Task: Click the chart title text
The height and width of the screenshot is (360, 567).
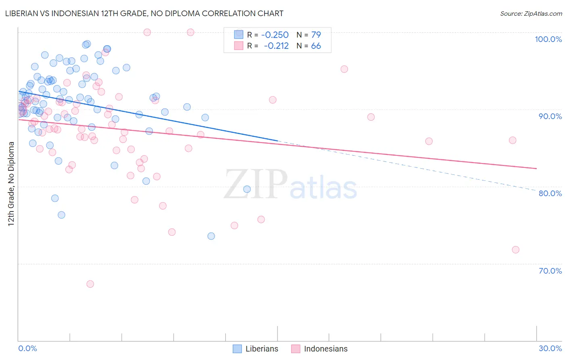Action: tap(145, 13)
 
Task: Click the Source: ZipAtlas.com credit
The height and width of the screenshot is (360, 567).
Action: tap(531, 14)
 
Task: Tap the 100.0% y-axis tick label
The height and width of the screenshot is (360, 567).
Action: tap(548, 39)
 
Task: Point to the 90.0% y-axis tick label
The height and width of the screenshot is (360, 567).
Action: tap(550, 116)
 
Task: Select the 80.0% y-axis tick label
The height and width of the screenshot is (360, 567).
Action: tap(550, 193)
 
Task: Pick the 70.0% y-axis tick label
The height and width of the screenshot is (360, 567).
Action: tap(550, 271)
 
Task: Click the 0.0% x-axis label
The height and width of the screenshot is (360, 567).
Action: tap(27, 348)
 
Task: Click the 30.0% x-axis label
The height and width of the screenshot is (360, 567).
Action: tap(550, 348)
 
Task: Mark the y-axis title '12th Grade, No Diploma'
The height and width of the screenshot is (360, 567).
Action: tap(11, 184)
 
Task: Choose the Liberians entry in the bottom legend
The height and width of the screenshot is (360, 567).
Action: tap(262, 349)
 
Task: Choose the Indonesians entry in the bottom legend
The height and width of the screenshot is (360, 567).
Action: tap(325, 349)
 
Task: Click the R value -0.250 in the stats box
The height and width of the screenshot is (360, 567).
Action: tap(275, 35)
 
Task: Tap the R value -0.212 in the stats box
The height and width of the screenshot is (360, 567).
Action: tap(276, 46)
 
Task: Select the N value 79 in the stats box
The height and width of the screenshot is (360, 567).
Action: tap(316, 35)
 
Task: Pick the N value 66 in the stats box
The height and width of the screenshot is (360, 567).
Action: tap(316, 46)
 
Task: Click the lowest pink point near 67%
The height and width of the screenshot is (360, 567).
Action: tap(90, 284)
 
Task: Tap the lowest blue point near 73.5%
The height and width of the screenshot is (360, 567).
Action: tap(211, 236)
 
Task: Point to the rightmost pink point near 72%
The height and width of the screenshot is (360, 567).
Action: tap(515, 250)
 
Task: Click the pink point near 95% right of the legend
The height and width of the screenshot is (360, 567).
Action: tap(344, 69)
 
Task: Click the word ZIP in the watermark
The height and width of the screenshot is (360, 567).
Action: tap(255, 184)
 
